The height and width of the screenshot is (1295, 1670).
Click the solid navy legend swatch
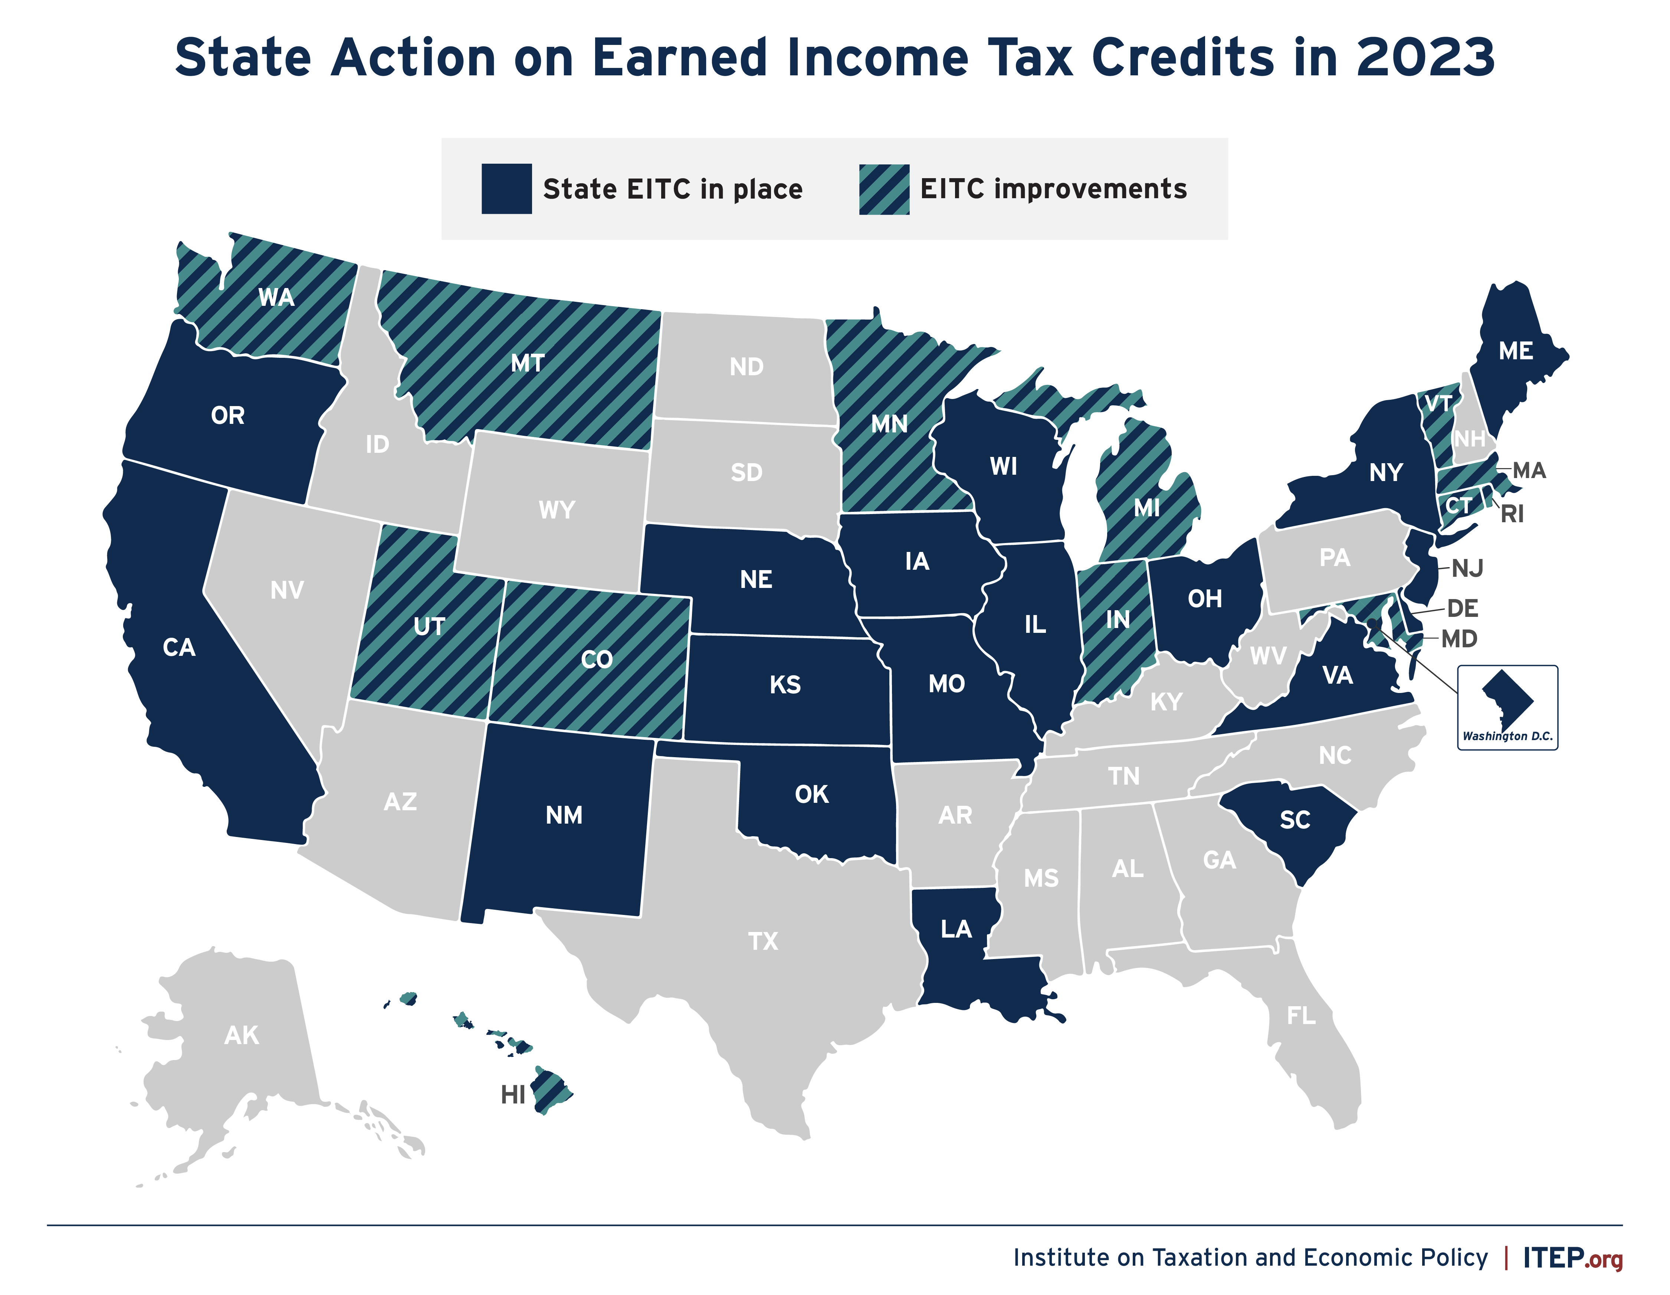coord(506,189)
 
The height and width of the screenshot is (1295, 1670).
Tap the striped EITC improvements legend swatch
coord(884,189)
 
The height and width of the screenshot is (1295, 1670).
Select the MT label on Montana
coord(528,363)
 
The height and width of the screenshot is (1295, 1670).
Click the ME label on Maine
coord(1516,351)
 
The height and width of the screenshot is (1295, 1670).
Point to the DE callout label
coord(1462,609)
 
